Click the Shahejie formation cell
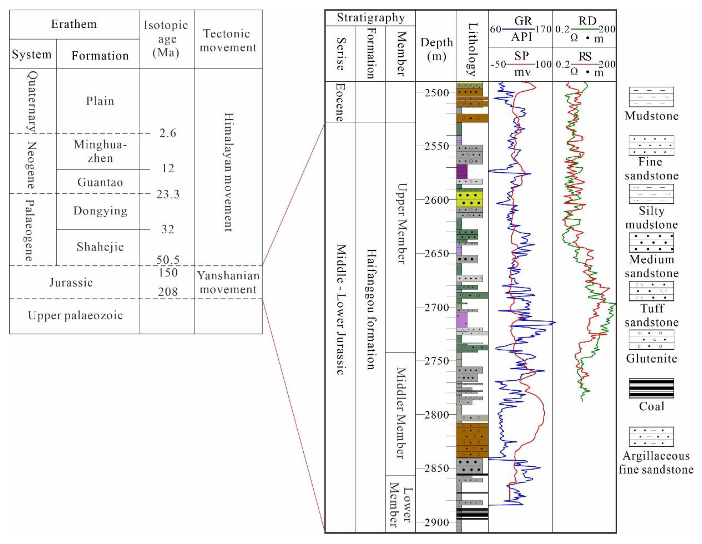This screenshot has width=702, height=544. point(100,247)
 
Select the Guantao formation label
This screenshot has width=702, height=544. point(100,182)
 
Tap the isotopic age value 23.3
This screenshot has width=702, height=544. point(167,194)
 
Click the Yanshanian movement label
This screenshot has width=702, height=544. point(228,282)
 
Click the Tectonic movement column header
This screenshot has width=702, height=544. point(228,40)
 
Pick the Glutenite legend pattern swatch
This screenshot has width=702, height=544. point(651,340)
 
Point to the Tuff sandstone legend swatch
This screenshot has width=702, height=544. point(651,291)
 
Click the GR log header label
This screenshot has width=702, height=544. point(523,21)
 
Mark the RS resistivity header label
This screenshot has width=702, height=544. point(585,56)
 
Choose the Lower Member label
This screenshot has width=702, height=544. point(400,505)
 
